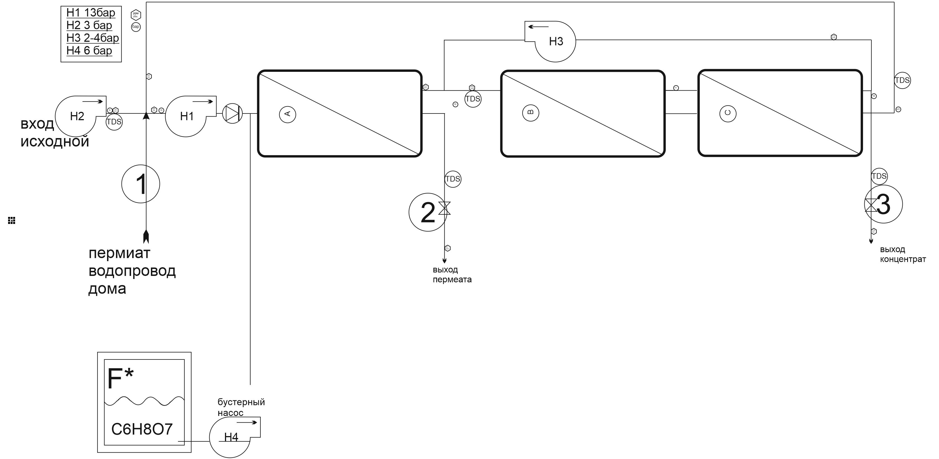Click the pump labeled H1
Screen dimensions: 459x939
point(187,116)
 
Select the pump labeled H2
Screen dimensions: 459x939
point(77,116)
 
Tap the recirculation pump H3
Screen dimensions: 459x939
point(556,41)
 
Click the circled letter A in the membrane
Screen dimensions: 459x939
point(287,114)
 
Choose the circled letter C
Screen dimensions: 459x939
point(727,113)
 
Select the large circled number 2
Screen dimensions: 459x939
point(428,212)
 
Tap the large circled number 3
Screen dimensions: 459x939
point(883,204)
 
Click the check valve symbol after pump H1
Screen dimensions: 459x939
point(232,114)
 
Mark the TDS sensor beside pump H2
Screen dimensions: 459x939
point(114,122)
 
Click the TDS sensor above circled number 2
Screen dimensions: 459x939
point(453,179)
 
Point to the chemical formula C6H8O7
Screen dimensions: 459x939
point(142,429)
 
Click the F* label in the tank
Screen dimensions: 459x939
point(120,378)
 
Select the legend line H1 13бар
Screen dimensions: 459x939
point(91,13)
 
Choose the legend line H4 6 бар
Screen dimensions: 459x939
point(89,50)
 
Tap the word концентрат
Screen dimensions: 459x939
point(903,259)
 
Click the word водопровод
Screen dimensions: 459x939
point(132,271)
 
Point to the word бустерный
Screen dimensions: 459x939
point(241,402)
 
